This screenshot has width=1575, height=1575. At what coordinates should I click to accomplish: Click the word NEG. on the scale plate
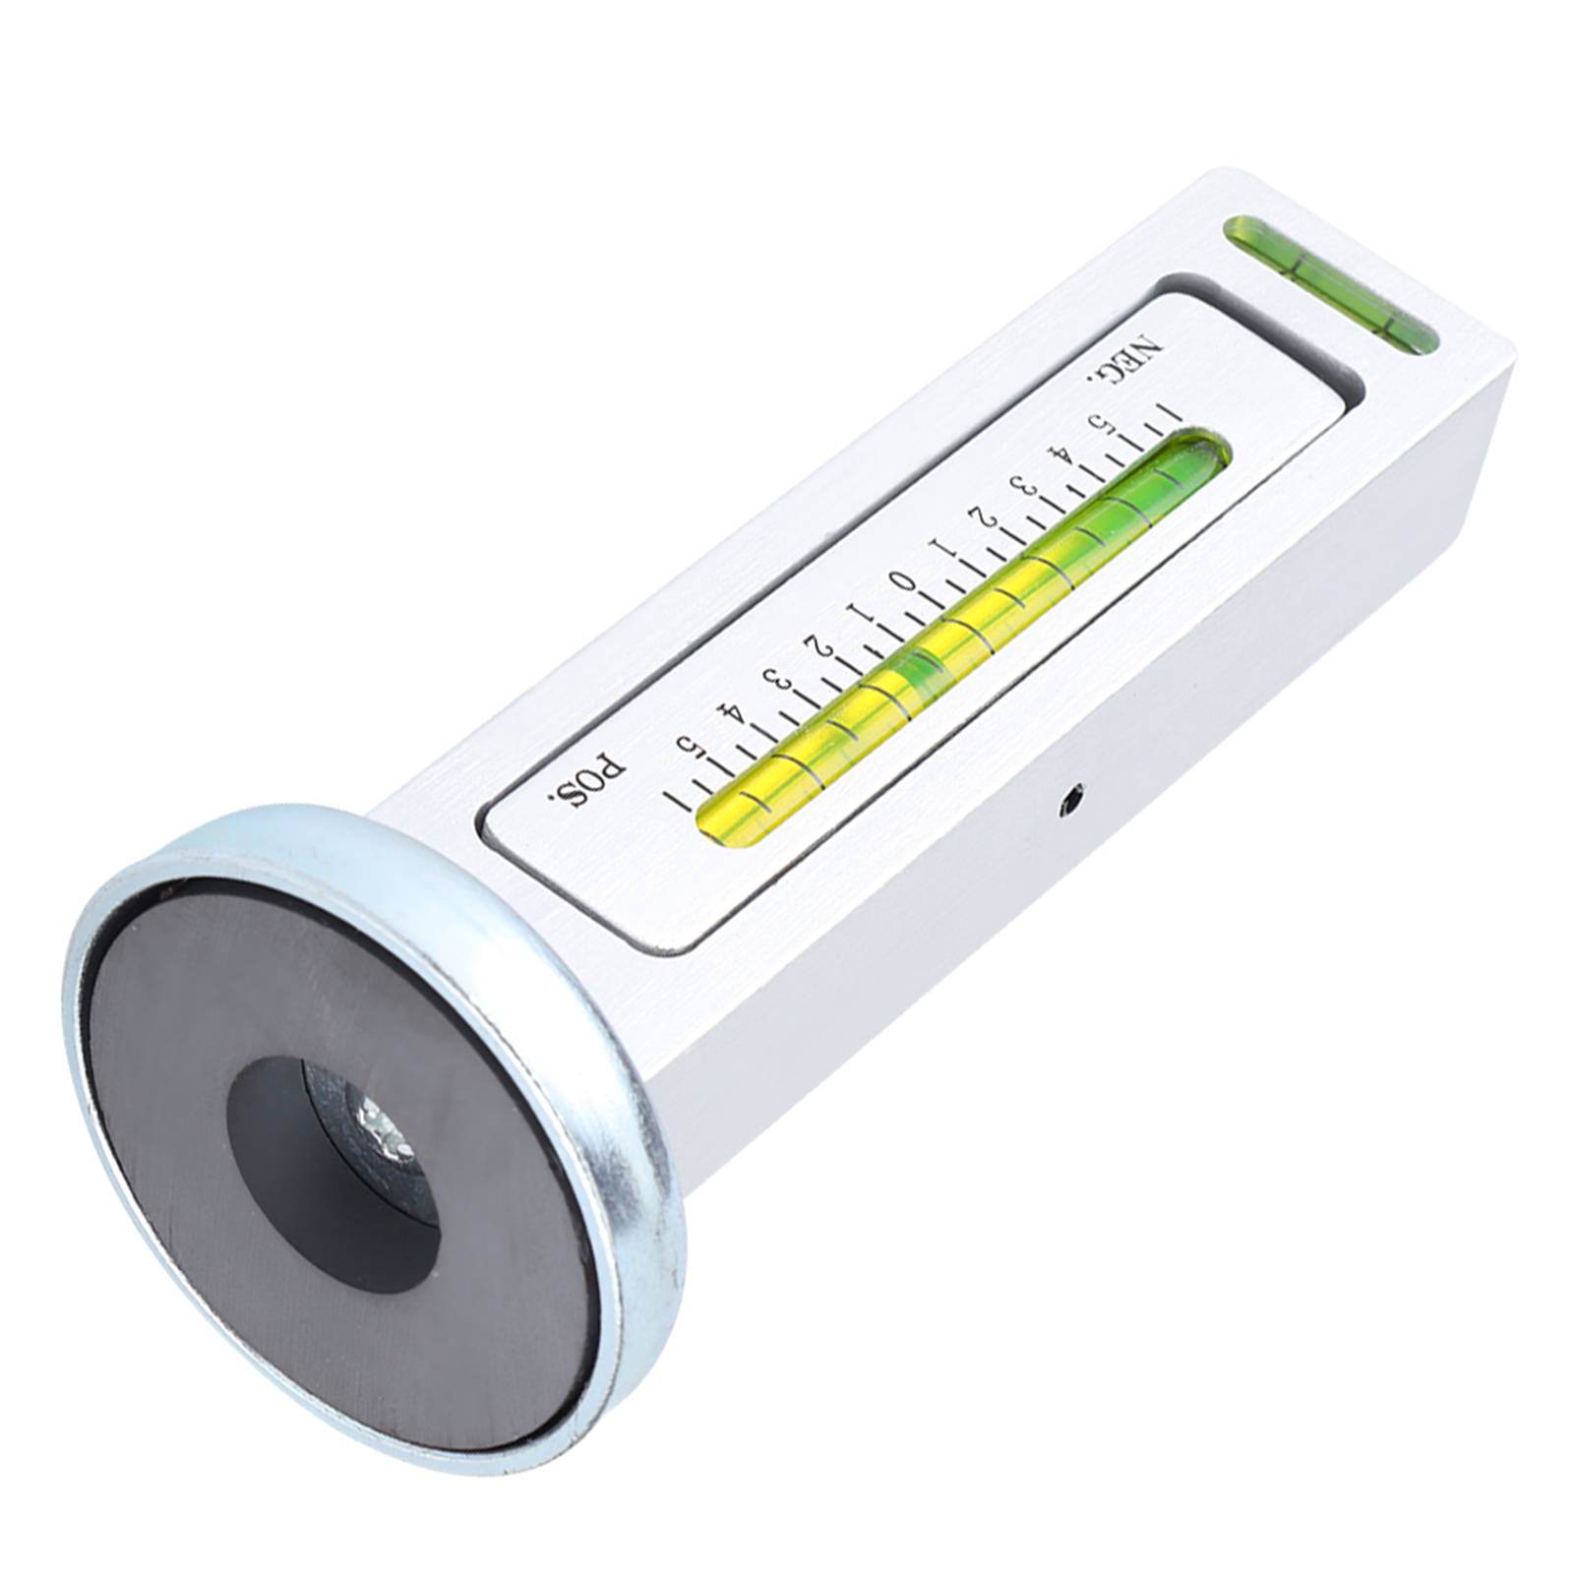click(1122, 359)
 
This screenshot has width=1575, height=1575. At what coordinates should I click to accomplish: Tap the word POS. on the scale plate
click(585, 775)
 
